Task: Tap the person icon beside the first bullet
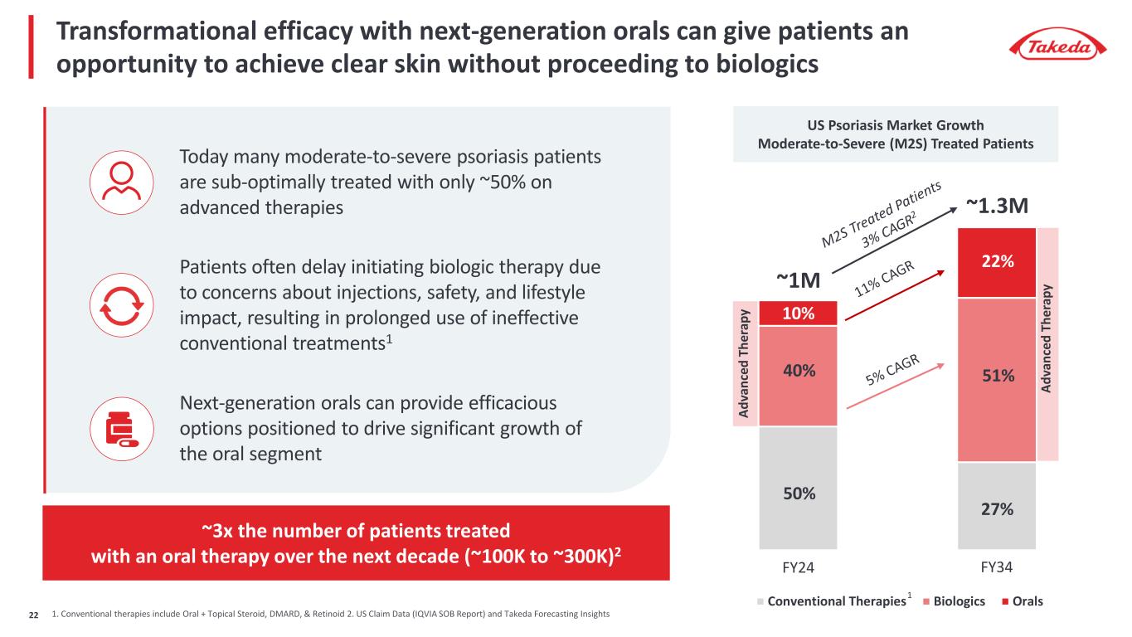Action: pyautogui.click(x=121, y=182)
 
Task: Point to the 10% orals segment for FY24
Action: pyautogui.click(x=797, y=314)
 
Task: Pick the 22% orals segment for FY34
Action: pyautogui.click(x=997, y=262)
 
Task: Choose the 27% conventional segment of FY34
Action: pyautogui.click(x=997, y=506)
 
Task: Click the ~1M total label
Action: pyautogui.click(x=797, y=282)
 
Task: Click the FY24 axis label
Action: pyautogui.click(x=797, y=570)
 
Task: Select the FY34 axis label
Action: pyautogui.click(x=997, y=570)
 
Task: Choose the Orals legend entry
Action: pyautogui.click(x=1022, y=601)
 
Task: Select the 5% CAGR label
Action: pyautogui.click(x=892, y=371)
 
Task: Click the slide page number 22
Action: pyautogui.click(x=34, y=614)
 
